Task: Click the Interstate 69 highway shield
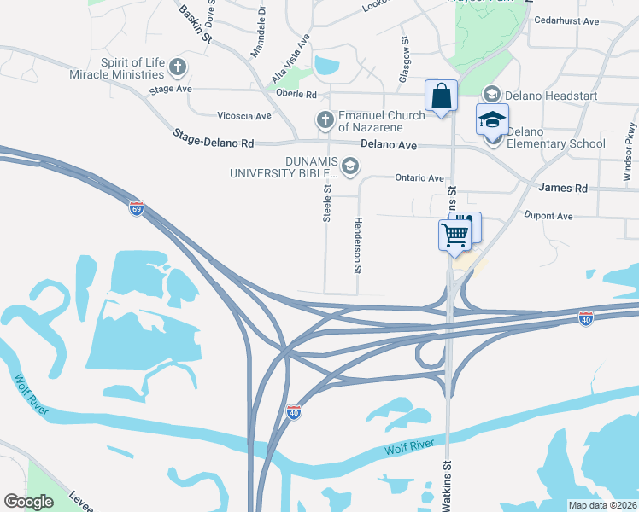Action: point(137,208)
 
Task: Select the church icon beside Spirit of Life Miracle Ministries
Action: point(177,66)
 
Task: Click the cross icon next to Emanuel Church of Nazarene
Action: point(325,121)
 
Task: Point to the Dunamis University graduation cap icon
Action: point(349,166)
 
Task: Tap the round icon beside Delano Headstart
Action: point(491,95)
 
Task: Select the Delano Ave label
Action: point(389,146)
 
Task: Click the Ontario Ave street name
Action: point(419,178)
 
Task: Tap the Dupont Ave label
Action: point(548,217)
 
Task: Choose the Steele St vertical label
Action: point(327,204)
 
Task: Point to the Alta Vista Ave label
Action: point(290,59)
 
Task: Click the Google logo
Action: point(28,502)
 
